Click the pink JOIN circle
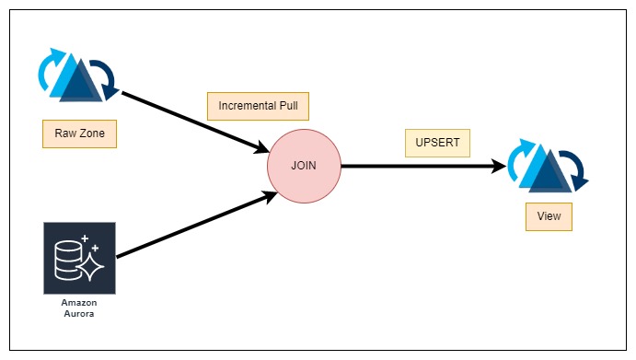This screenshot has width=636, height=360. [x=304, y=167]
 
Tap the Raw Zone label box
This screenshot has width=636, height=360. [x=79, y=134]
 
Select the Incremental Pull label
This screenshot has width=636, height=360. [x=257, y=106]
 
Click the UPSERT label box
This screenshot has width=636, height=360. [x=437, y=144]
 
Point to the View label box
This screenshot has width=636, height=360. [x=549, y=217]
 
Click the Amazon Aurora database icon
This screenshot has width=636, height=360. [x=79, y=258]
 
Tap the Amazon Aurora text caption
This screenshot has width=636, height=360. [x=79, y=308]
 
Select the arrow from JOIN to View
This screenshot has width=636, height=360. [x=423, y=167]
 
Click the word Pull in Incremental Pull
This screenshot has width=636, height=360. [x=287, y=106]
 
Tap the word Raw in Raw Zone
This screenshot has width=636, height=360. [x=65, y=134]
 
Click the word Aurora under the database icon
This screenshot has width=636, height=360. [x=79, y=313]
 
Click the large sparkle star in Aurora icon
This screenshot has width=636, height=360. [x=93, y=264]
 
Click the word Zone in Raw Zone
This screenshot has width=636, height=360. [x=91, y=134]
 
